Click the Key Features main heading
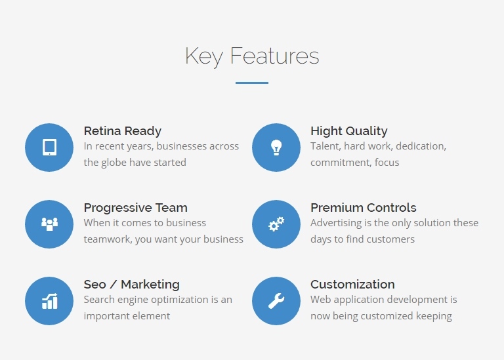point(252,56)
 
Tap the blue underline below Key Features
point(252,83)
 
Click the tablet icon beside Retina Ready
point(49,148)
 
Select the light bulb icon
point(276,148)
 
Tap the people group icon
point(49,224)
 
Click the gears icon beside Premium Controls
point(276,224)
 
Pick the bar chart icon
point(49,301)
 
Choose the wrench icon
point(276,301)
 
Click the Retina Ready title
point(123,131)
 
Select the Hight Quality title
point(348,131)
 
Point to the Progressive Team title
point(135,208)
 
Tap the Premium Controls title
point(363,208)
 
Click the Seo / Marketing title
point(131,285)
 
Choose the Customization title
point(352,285)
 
